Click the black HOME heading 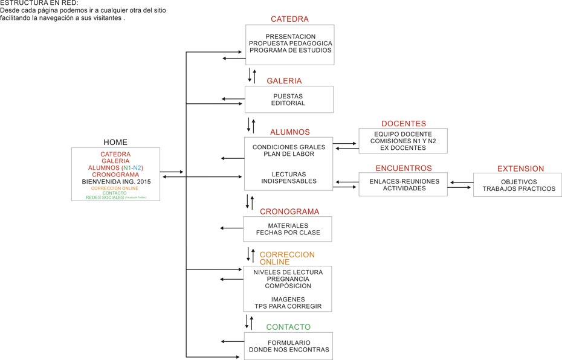point(115,142)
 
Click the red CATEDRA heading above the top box point(289,19)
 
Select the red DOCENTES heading point(403,124)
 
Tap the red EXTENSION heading point(520,169)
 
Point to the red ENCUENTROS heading point(404,168)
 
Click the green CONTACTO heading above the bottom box point(288,327)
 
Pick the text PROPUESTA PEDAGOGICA point(290,43)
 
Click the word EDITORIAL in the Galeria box point(288,103)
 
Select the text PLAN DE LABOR point(289,154)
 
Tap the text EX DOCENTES point(403,147)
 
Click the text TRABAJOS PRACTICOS point(518,188)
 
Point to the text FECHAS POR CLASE point(288,233)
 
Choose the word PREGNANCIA point(288,279)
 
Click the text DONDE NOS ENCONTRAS point(289,350)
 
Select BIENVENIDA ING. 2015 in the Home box point(115,181)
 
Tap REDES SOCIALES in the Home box point(104,198)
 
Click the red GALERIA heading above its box point(284,81)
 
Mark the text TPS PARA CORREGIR point(288,306)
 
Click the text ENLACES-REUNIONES point(404,181)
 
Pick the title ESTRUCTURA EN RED point(39,3)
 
